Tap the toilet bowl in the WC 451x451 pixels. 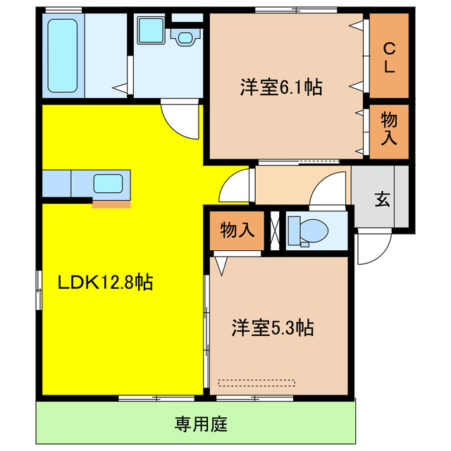pos(309,230)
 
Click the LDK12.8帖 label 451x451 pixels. pos(105,283)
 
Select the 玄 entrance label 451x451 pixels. pos(381,199)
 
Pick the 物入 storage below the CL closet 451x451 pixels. pos(389,127)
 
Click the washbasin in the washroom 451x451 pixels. pos(150,32)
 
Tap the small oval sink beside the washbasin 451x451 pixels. pos(185,37)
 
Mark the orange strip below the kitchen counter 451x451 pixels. pos(111,204)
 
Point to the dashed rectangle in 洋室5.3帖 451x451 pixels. pos(256,383)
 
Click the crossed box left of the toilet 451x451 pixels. pos(274,230)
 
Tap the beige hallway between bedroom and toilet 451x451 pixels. pos(282,185)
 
